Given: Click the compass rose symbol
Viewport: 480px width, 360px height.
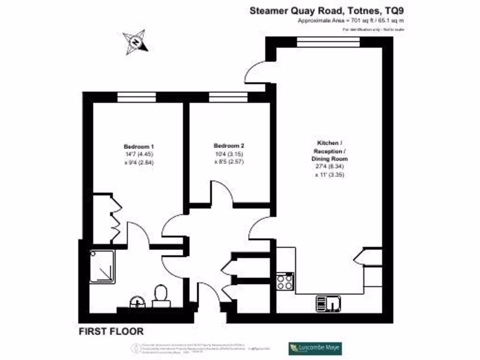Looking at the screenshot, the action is (x=135, y=42).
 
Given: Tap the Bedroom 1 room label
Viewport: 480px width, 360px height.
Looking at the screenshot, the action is (x=139, y=145).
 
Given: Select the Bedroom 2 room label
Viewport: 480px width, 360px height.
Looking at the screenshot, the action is (x=229, y=145).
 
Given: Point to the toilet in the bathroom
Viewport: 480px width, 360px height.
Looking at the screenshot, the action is (x=161, y=296).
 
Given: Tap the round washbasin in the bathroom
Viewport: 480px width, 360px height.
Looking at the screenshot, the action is (x=137, y=302).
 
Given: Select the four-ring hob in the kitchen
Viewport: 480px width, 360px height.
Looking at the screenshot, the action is (x=285, y=281).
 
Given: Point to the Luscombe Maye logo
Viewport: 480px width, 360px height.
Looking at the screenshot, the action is (x=315, y=348).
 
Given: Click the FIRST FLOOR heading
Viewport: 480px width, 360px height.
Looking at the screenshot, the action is (x=111, y=331).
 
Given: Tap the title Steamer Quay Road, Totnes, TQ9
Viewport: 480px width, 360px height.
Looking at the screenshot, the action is (x=326, y=10).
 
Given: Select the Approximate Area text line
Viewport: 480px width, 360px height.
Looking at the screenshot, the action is (x=351, y=21).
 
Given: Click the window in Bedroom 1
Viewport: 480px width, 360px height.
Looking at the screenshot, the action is (x=136, y=97).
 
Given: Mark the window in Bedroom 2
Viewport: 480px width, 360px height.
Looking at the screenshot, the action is (x=228, y=97).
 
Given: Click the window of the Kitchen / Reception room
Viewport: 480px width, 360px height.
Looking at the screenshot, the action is (x=328, y=42).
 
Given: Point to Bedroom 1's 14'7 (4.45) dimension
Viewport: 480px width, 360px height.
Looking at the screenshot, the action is (x=139, y=154).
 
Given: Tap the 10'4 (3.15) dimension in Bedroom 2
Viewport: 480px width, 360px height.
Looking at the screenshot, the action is (x=229, y=154).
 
